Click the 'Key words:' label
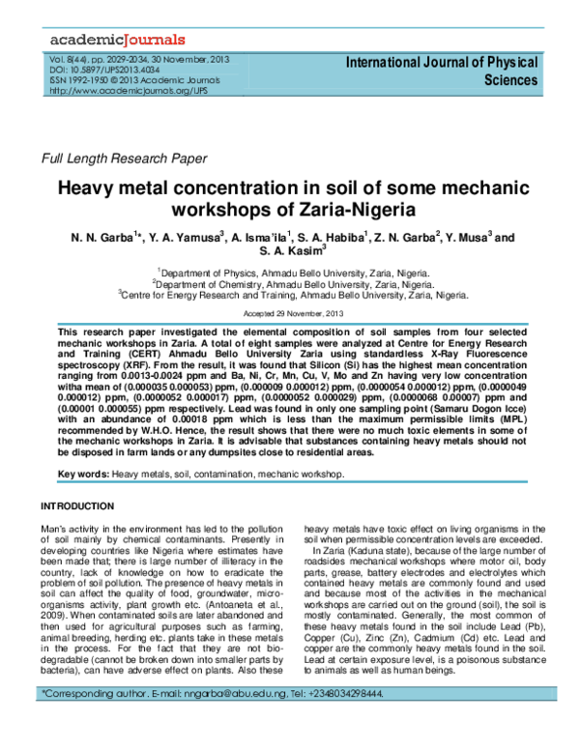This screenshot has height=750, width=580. [x=84, y=475]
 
